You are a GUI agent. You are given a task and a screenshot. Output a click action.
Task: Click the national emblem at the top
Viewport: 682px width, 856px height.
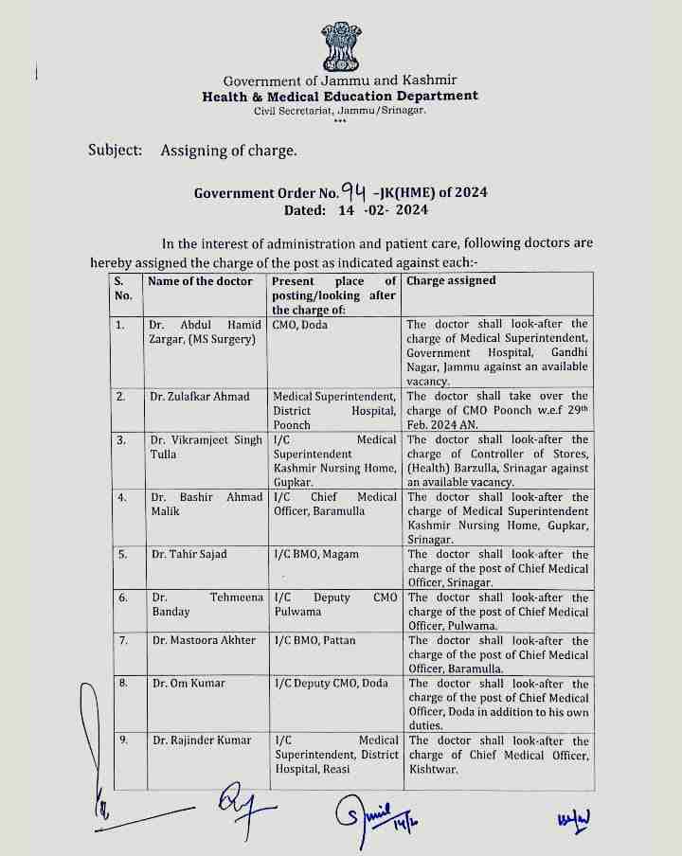coord(340,43)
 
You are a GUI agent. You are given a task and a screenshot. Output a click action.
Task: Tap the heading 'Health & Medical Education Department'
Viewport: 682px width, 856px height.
coord(340,97)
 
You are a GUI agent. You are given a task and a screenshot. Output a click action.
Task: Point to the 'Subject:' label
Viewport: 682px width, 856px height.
coord(116,150)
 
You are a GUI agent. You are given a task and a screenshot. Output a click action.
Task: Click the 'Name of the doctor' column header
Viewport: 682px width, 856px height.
coord(201,281)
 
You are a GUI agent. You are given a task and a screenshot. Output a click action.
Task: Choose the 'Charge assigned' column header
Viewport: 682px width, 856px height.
coord(451,281)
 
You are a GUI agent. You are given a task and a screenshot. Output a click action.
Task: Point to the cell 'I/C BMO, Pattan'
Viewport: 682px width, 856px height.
coord(314,641)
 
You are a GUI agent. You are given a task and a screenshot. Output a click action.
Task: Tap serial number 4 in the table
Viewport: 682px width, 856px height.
coord(120,497)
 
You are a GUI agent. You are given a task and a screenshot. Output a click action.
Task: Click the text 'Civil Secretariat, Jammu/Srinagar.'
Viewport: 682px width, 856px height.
coord(340,111)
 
